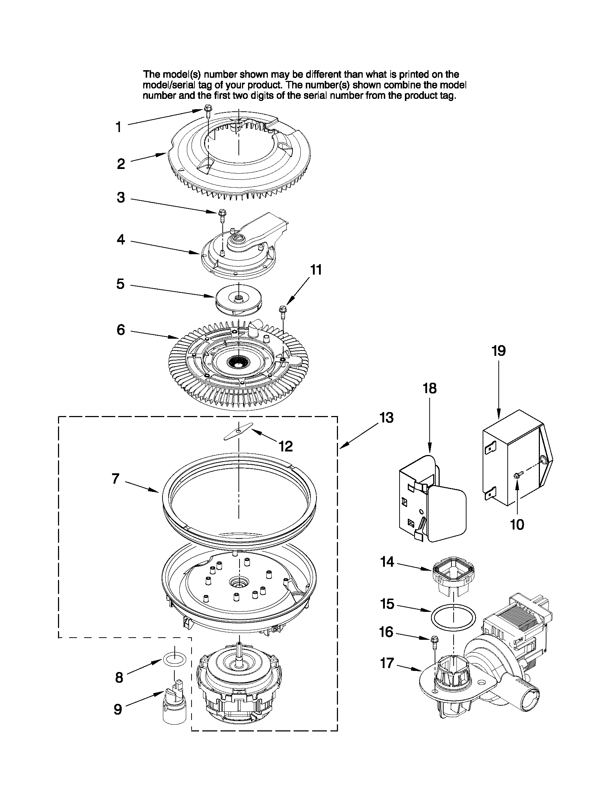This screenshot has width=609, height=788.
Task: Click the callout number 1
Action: [119, 127]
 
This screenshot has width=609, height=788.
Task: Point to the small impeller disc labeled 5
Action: [238, 299]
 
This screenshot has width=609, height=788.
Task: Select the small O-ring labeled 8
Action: [175, 658]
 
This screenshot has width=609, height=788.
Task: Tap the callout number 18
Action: [429, 388]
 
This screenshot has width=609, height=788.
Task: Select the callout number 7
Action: [115, 479]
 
